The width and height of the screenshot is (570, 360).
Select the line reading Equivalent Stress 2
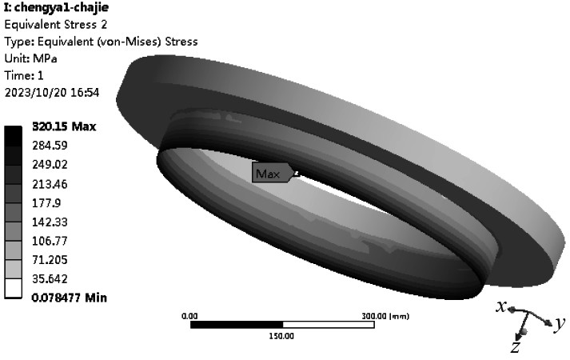click(x=56, y=24)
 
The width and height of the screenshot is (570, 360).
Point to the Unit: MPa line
click(x=30, y=58)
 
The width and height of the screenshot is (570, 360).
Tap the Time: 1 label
click(x=24, y=75)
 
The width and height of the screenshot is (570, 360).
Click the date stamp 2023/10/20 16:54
click(x=52, y=92)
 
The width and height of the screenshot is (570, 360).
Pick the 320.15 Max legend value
click(x=64, y=126)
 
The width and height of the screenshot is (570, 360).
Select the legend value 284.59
click(x=50, y=146)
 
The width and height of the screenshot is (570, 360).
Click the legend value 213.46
click(x=50, y=184)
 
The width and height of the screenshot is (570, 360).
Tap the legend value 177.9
click(x=46, y=203)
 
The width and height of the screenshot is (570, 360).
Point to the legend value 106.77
click(x=50, y=241)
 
